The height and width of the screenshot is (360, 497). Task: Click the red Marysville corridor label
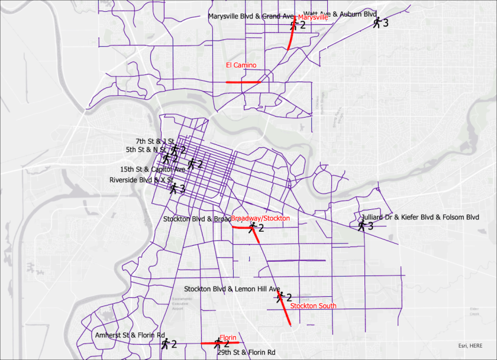312,18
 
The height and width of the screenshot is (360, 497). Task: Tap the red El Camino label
241,64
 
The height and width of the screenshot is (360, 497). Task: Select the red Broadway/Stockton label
260,218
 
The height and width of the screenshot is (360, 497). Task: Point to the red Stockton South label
313,306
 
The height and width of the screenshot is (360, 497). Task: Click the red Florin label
228,338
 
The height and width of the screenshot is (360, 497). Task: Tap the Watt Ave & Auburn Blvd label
340,14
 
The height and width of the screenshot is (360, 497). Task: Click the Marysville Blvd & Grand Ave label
251,17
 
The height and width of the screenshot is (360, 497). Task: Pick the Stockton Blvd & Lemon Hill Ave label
232,289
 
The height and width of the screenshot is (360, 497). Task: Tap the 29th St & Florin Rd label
246,352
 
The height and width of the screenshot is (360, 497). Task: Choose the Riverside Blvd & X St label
141,180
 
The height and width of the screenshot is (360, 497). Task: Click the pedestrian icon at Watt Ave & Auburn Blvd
377,22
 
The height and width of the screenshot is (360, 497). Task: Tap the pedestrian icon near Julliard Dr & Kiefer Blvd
362,225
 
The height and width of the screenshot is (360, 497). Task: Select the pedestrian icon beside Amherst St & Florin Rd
166,343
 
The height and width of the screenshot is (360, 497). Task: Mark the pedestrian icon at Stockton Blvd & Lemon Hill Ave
280,297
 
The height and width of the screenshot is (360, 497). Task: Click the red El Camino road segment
243,82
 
